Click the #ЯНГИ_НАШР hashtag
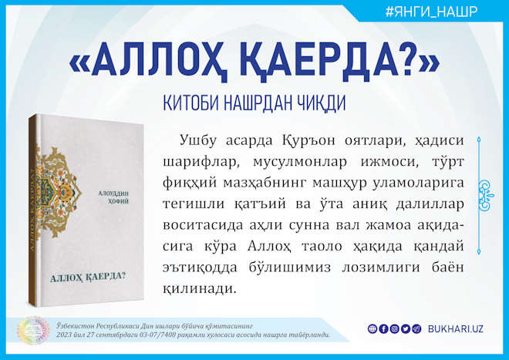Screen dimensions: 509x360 [431, 12]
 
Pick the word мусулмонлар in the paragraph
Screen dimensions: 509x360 [300, 162]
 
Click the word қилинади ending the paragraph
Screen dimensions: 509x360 [199, 288]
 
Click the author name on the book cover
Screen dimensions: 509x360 [113, 197]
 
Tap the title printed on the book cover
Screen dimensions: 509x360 [88, 278]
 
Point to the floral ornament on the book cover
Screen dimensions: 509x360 [57, 191]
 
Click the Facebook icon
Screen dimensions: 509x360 [383, 329]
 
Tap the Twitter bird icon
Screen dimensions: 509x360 [406, 329]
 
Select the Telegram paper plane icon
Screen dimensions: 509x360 [416, 329]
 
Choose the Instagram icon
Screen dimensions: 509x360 [394, 329]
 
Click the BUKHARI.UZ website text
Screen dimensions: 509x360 [456, 329]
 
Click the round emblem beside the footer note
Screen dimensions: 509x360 [33, 331]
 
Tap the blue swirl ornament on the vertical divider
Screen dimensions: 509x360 [486, 196]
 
